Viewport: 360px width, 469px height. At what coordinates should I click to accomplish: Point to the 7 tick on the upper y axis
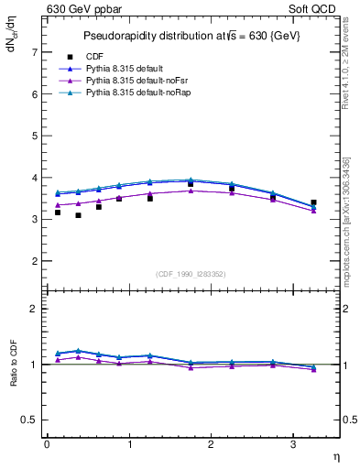pos(35,52)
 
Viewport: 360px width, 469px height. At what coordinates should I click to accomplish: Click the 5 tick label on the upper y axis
pos(35,136)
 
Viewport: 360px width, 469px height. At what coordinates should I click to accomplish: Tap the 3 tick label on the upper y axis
pos(35,220)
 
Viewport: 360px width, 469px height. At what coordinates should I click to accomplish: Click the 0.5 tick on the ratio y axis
pos(30,420)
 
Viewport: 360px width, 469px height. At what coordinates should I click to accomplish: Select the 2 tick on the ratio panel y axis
pos(35,309)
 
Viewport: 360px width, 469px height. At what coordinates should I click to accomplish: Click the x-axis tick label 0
pos(47,444)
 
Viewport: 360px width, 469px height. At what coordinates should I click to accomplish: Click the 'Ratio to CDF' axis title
pos(13,364)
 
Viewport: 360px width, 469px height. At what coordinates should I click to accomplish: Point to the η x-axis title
pos(334,456)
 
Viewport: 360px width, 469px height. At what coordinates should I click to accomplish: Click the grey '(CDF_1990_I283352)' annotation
pos(192,273)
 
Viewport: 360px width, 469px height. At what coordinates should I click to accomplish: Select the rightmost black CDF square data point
pos(313,202)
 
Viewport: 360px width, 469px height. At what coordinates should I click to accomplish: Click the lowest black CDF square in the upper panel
pos(78,215)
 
